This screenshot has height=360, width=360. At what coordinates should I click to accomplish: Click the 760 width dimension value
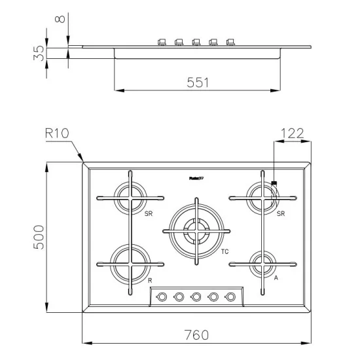click(195, 334)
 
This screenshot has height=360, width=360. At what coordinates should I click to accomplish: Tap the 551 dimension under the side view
click(196, 82)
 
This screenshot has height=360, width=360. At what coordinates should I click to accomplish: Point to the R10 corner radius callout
click(58, 133)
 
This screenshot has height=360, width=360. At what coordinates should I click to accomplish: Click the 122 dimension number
click(291, 133)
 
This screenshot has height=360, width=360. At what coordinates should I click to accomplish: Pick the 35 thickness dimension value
click(38, 53)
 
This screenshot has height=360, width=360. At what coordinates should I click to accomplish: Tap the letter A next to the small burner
click(276, 278)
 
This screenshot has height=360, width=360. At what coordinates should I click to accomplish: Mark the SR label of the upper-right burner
click(280, 213)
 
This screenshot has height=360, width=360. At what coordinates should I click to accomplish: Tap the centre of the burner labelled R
click(130, 264)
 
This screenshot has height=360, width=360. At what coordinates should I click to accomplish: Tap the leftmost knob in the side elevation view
click(162, 43)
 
